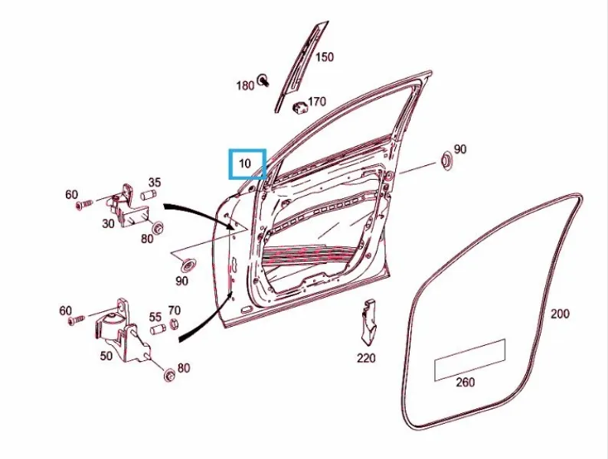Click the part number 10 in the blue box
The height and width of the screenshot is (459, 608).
click(245, 164)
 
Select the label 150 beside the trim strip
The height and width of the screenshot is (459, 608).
click(324, 57)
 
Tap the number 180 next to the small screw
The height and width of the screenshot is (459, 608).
click(245, 85)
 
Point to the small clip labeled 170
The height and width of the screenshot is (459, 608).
click(299, 107)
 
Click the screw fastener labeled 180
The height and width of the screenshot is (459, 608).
click(263, 80)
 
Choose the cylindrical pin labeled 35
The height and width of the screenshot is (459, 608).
click(149, 194)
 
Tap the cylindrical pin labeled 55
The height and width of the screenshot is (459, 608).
click(158, 330)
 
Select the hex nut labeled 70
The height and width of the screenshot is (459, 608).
click(174, 324)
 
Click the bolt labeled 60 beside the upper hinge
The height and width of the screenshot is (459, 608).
click(84, 204)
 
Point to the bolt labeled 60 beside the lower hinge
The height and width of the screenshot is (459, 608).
click(77, 320)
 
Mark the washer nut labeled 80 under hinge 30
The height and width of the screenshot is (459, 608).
click(158, 227)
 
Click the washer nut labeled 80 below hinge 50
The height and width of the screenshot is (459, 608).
click(169, 375)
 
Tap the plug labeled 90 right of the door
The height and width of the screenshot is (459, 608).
click(446, 161)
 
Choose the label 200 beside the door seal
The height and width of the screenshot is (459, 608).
click(560, 314)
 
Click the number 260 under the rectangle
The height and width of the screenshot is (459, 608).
click(466, 382)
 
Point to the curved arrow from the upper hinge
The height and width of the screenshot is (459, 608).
click(204, 212)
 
